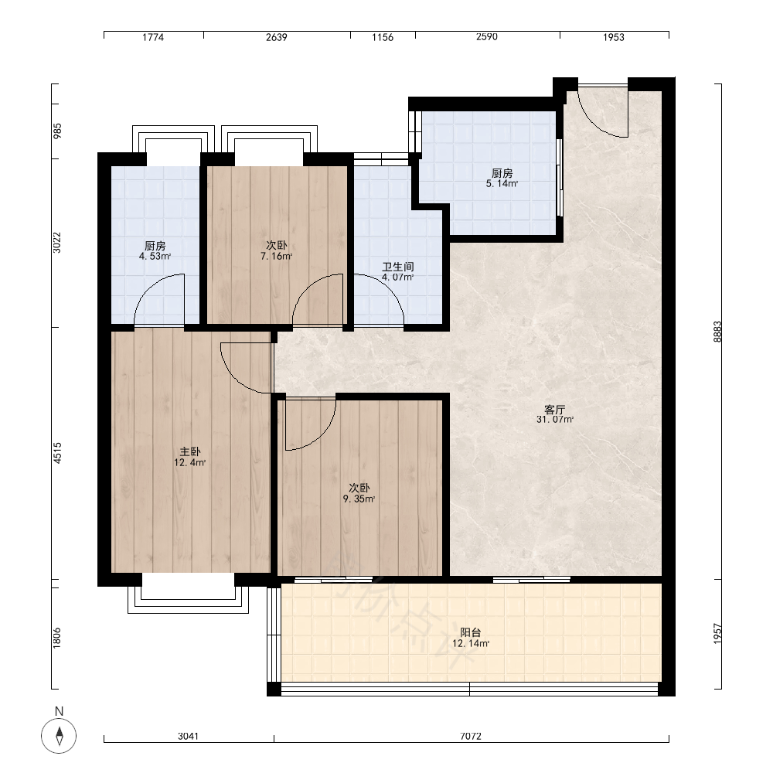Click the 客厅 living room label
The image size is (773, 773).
click(x=554, y=410)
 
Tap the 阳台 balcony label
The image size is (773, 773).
click(x=470, y=632)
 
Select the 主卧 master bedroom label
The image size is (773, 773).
click(x=190, y=451)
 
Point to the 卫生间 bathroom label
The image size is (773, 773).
click(x=398, y=267)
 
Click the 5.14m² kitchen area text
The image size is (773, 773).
click(x=502, y=184)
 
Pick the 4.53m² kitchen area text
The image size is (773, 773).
click(x=155, y=257)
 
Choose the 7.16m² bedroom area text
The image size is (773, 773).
click(x=276, y=257)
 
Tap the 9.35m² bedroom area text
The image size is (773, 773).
click(x=359, y=499)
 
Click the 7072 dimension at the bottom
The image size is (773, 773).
click(x=470, y=736)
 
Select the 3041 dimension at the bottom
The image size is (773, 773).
click(x=188, y=736)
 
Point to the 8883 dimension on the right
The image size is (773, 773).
click(x=717, y=332)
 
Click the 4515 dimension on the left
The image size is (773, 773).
click(x=57, y=452)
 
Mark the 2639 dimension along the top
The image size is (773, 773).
click(x=276, y=37)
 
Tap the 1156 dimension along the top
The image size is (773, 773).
click(x=383, y=37)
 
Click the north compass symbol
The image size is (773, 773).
click(x=60, y=736)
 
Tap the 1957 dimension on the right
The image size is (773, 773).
click(x=717, y=634)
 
